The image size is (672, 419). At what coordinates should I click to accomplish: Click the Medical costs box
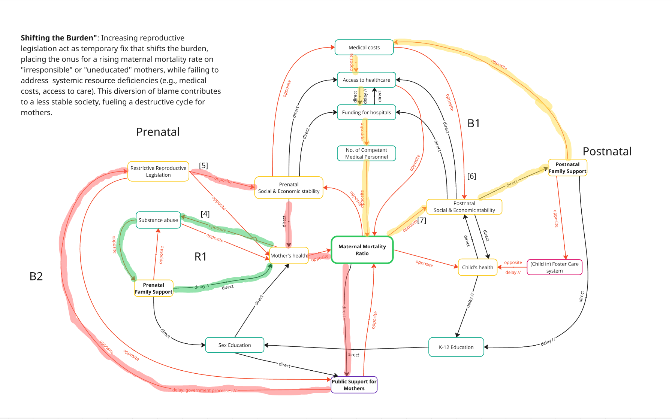[x=364, y=48]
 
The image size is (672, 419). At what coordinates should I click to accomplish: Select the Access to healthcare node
[x=366, y=80]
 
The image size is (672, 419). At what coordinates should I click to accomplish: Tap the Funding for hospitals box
[x=366, y=112]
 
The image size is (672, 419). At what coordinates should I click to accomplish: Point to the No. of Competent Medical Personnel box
[x=366, y=154]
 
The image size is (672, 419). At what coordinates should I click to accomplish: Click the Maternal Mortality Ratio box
[x=362, y=250]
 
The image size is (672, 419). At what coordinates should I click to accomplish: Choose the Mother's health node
[x=289, y=256]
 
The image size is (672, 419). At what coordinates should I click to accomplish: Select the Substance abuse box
[x=158, y=220]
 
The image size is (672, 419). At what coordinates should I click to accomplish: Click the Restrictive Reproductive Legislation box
[x=158, y=171]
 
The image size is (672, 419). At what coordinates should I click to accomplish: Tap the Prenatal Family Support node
[x=154, y=288]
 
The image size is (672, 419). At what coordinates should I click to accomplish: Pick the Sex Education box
[x=235, y=345]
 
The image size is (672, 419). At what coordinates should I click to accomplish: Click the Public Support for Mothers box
[x=354, y=385]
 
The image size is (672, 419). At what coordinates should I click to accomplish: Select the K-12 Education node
[x=456, y=347]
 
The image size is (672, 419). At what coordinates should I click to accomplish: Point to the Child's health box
[x=477, y=267]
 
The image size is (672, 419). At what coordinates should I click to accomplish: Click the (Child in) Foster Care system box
[x=554, y=267]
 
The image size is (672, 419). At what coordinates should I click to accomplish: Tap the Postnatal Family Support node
[x=567, y=168]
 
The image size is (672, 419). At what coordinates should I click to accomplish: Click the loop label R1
[x=201, y=257]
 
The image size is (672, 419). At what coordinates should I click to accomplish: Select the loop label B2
[x=36, y=276]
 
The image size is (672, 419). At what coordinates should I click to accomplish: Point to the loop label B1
[x=473, y=124]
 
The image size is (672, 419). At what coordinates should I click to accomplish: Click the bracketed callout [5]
[x=204, y=166]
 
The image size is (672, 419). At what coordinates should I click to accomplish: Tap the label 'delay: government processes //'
[x=204, y=390]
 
